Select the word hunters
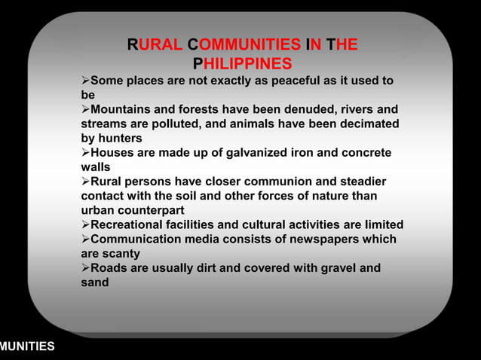coord(120,139)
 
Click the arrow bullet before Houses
coord(85,153)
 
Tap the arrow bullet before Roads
coord(85,268)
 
